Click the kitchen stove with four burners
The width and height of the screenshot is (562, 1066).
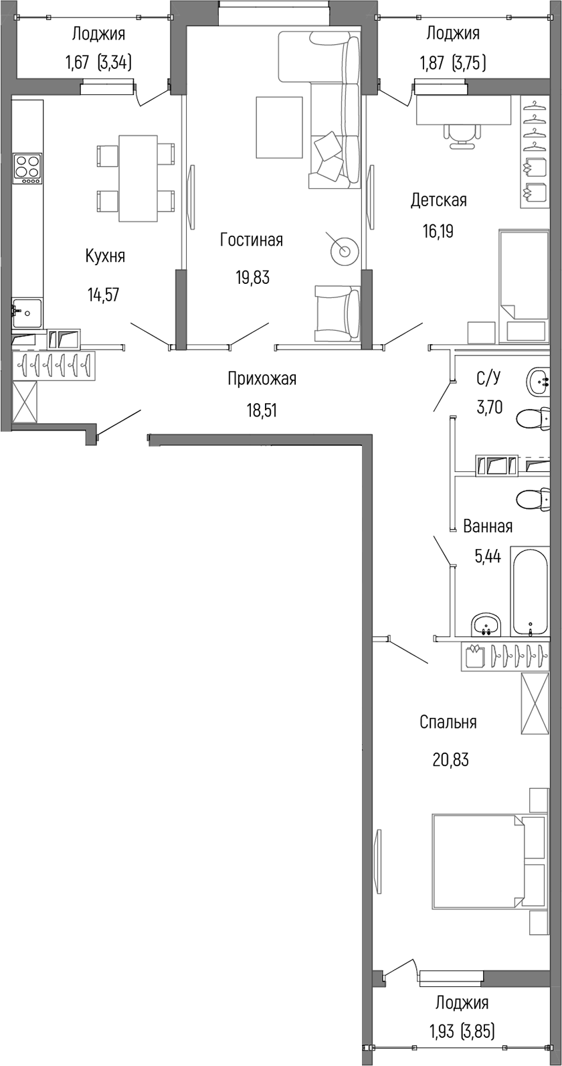tap(27, 168)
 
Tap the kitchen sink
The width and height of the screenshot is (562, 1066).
tap(27, 313)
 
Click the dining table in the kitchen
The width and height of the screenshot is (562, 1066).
tap(138, 178)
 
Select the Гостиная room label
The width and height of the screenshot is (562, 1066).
tap(252, 240)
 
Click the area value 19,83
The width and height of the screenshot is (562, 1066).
tap(252, 277)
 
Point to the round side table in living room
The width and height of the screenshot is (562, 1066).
tap(345, 251)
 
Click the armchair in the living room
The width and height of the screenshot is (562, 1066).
tap(336, 311)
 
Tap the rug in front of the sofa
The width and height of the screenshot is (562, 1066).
tap(279, 127)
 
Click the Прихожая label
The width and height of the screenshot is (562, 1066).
tap(262, 379)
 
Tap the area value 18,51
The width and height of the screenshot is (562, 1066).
tap(262, 410)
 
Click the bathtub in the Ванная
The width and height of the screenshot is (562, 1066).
tap(530, 591)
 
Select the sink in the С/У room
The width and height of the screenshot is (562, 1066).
tap(539, 382)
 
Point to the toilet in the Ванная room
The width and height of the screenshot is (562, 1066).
tap(534, 499)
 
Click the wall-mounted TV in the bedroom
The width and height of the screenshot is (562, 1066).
tap(378, 860)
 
